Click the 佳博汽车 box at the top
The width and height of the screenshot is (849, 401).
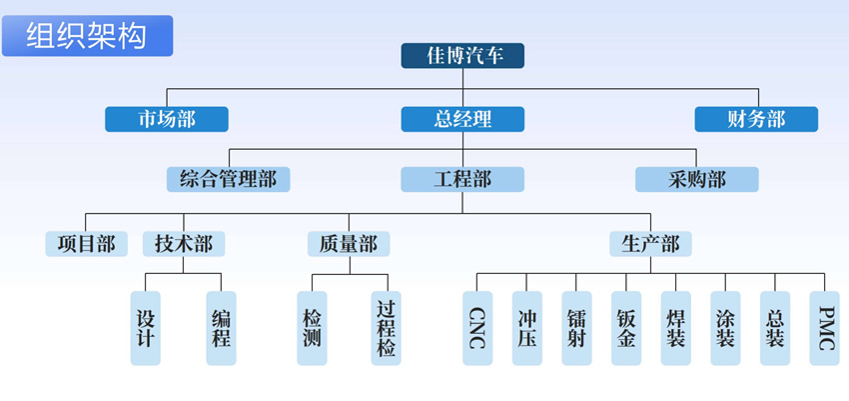click(x=462, y=56)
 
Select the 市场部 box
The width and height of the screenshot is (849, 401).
click(x=167, y=119)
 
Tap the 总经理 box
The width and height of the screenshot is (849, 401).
click(x=462, y=119)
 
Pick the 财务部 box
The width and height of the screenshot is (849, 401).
click(x=756, y=119)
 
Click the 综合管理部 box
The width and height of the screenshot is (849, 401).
click(x=229, y=179)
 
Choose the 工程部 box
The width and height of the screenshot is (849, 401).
click(x=462, y=179)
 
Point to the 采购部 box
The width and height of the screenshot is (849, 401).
click(x=696, y=179)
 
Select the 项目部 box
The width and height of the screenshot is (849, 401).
click(x=86, y=244)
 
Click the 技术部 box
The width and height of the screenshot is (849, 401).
click(x=183, y=244)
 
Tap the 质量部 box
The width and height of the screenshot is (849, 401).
click(x=349, y=244)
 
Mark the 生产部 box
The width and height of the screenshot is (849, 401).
click(x=650, y=244)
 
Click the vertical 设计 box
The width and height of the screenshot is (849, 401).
click(x=146, y=327)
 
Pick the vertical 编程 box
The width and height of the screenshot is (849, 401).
click(x=221, y=327)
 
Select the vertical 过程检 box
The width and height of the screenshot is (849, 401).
click(x=386, y=327)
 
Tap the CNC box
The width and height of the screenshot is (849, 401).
click(x=477, y=327)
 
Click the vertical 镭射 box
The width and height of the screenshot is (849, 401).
click(x=576, y=327)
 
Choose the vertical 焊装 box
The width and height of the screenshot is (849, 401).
click(x=675, y=327)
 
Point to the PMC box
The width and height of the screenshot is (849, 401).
click(x=824, y=327)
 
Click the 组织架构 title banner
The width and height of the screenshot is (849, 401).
click(x=87, y=35)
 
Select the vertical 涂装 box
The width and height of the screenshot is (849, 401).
click(x=725, y=327)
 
